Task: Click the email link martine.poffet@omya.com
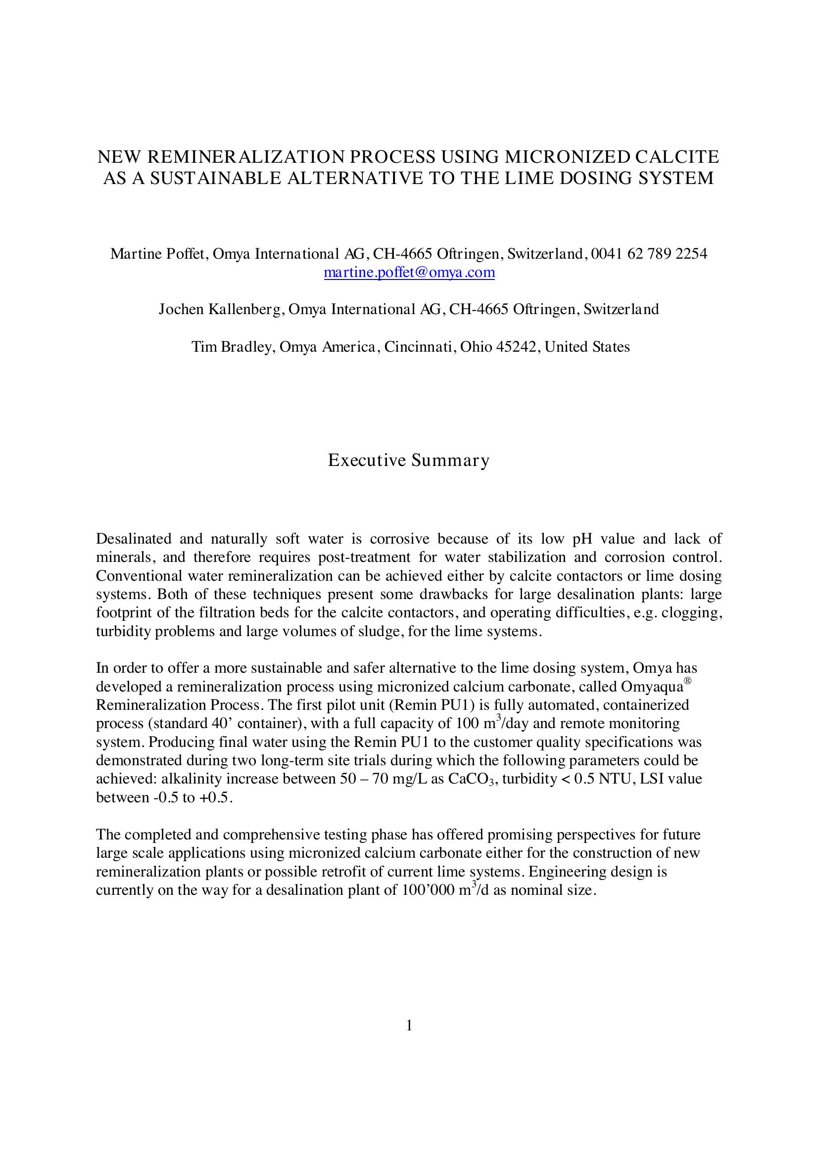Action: [409, 273]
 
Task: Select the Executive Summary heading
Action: [409, 460]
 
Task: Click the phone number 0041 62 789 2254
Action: [649, 253]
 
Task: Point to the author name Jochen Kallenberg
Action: [220, 309]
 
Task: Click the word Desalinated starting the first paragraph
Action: [134, 539]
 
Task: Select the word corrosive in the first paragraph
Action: [399, 539]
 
